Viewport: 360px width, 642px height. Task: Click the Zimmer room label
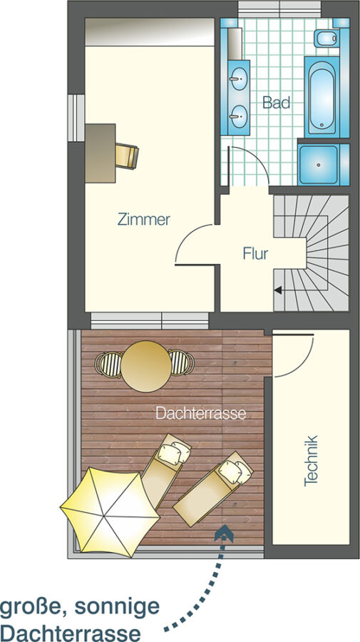(143, 220)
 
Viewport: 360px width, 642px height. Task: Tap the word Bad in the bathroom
(276, 102)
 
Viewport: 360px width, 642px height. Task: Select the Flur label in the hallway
(255, 254)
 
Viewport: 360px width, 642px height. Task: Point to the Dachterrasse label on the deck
(201, 414)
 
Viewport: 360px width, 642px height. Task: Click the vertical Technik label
(311, 461)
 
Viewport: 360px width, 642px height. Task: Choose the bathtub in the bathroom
(322, 97)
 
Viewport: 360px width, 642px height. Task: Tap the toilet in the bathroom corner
(326, 38)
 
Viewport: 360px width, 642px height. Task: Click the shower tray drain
(318, 165)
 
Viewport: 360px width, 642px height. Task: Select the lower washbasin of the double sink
(239, 116)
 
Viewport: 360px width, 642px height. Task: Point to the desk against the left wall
(101, 153)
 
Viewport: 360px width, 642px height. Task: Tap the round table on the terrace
(146, 367)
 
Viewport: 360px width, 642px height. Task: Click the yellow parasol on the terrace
(110, 512)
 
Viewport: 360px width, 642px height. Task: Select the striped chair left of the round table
(108, 364)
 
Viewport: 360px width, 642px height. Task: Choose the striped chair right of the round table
(181, 362)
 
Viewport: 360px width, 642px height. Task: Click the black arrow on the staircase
(278, 290)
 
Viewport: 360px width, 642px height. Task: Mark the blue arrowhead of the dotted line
(224, 534)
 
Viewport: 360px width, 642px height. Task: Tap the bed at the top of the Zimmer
(150, 32)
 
